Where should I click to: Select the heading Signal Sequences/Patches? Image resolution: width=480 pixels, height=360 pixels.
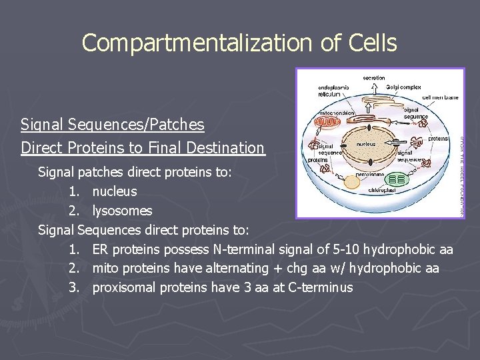[x=112, y=125]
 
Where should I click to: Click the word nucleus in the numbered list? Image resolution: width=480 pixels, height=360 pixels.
[x=115, y=191]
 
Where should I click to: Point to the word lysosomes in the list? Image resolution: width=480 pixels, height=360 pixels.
[x=122, y=211]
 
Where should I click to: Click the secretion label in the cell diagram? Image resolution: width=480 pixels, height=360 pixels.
[x=374, y=78]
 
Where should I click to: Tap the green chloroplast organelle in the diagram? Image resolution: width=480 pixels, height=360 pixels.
[x=397, y=180]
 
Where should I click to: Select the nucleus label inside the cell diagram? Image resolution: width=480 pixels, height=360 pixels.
[x=366, y=144]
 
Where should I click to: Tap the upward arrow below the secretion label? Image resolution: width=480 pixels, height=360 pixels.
[x=374, y=89]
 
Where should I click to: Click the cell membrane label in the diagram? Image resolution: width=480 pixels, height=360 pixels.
[x=441, y=97]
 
